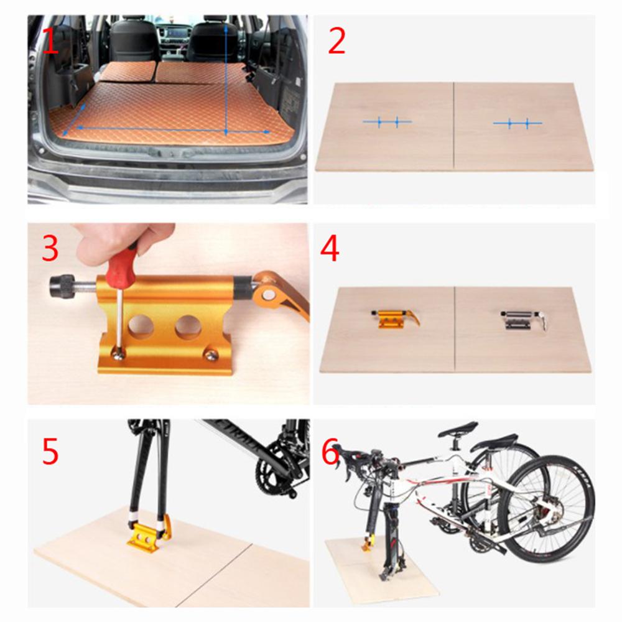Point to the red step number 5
point(50,452)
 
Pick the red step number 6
point(330,453)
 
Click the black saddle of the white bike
point(458,429)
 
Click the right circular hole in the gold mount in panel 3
point(187,327)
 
